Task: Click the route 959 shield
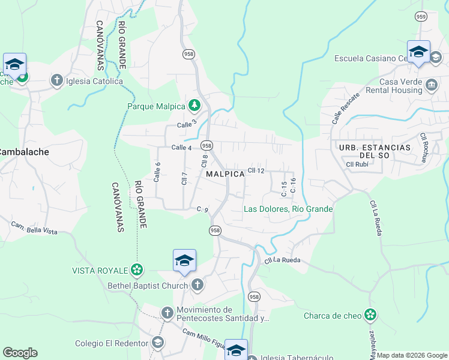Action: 421,17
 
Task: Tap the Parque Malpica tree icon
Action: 194,106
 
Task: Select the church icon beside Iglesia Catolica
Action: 57,80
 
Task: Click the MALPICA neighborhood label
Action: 225,173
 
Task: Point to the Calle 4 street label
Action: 181,148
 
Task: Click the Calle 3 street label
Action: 187,124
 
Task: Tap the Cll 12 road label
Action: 256,171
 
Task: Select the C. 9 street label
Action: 202,209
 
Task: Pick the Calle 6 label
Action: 157,173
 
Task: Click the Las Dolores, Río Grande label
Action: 288,209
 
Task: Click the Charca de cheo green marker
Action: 370,314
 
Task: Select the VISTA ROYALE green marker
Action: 137,269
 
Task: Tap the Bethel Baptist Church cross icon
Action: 197,285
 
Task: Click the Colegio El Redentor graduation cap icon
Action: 157,343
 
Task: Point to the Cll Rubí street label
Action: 358,164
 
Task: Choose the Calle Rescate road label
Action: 346,107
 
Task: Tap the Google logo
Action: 20,353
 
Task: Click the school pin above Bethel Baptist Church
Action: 184,261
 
